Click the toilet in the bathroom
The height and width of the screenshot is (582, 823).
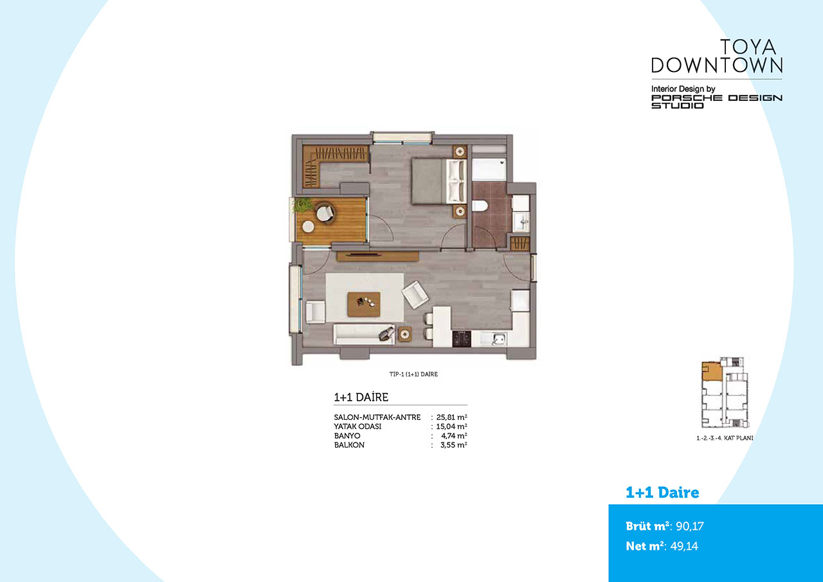pyautogui.click(x=480, y=205)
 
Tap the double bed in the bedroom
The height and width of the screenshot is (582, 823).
pyautogui.click(x=439, y=181)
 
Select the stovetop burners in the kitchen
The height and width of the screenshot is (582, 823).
pyautogui.click(x=462, y=339)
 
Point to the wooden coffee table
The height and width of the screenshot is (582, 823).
pyautogui.click(x=364, y=304)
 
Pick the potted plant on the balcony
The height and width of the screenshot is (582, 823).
pyautogui.click(x=303, y=205)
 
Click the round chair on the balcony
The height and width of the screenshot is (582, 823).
pyautogui.click(x=325, y=213)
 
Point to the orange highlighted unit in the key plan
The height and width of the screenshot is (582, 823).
pyautogui.click(x=712, y=372)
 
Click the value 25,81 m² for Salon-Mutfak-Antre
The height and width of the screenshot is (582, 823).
pyautogui.click(x=451, y=417)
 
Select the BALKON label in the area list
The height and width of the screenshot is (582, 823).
pyautogui.click(x=349, y=445)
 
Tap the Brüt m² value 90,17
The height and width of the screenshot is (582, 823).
pyautogui.click(x=690, y=526)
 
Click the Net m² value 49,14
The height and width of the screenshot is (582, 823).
pyautogui.click(x=684, y=546)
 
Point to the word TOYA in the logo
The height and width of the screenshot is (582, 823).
pyautogui.click(x=748, y=47)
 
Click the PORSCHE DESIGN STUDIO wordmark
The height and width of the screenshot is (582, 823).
pyautogui.click(x=717, y=102)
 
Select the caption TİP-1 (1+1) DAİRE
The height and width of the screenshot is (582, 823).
pyautogui.click(x=413, y=374)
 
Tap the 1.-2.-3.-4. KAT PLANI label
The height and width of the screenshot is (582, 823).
pyautogui.click(x=725, y=438)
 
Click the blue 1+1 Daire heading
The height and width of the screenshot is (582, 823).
pyautogui.click(x=662, y=493)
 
